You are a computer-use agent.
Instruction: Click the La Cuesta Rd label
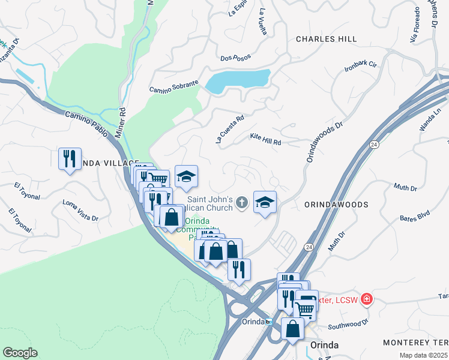click(230, 128)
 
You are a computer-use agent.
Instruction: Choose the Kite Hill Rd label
click(265, 140)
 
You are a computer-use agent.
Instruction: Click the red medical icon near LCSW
click(366, 298)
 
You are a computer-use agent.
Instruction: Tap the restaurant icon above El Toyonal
click(70, 159)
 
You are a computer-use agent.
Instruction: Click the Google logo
click(20, 353)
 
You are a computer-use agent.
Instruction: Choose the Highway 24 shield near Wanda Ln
click(373, 145)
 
